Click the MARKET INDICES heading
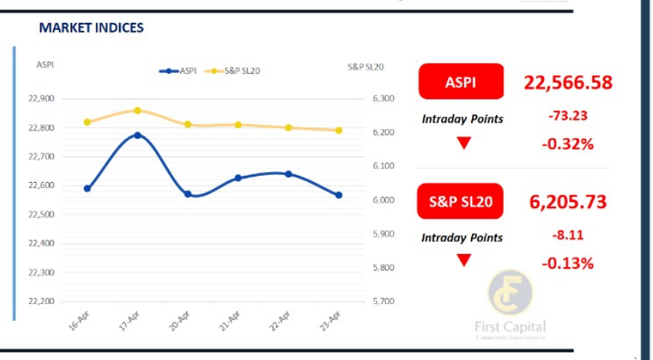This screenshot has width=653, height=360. (91, 28)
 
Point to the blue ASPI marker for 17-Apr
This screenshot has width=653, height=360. (137, 135)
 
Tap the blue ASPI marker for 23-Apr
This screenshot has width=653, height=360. (338, 195)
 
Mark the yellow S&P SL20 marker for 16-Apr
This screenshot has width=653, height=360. (87, 122)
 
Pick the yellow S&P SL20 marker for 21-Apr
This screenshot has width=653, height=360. (238, 124)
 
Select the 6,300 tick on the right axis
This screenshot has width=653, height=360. (383, 99)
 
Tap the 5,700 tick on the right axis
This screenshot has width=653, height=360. (383, 301)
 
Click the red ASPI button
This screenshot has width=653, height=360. (460, 81)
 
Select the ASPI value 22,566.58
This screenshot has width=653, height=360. (568, 82)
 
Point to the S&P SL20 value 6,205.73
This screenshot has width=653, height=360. (568, 202)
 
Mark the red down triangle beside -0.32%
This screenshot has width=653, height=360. (463, 143)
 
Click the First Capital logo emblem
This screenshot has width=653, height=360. (510, 294)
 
